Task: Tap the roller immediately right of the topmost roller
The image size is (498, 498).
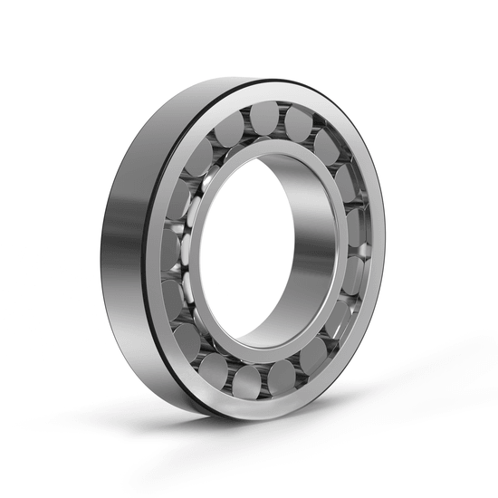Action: click(299, 123)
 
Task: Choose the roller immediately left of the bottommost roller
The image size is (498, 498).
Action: click(215, 369)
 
